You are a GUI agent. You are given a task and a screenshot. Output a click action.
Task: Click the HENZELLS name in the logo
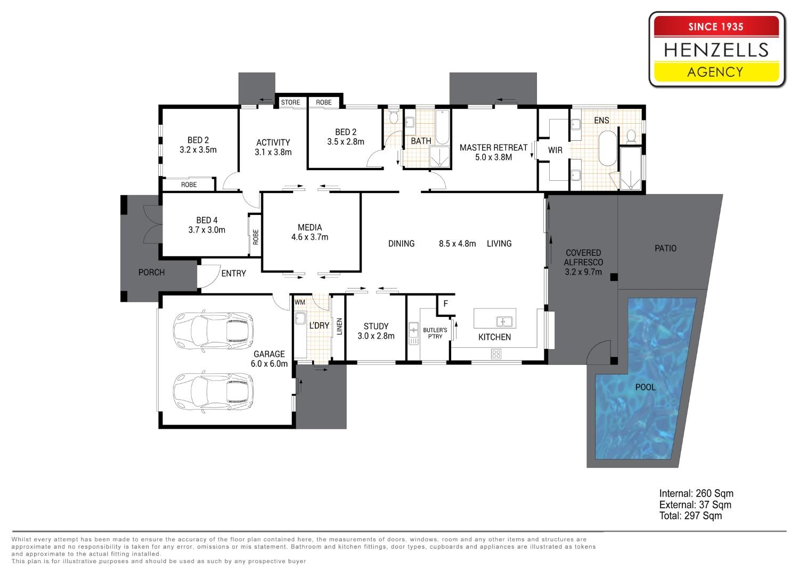[x=716, y=50]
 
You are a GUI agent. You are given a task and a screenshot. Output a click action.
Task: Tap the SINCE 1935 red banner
[x=716, y=26]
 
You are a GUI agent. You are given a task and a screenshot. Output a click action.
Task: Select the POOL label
[x=645, y=387]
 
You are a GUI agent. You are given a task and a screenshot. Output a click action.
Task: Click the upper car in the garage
[x=213, y=331]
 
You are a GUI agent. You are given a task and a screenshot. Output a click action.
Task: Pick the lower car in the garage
[x=213, y=392]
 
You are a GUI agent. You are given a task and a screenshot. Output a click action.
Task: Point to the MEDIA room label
[x=309, y=228]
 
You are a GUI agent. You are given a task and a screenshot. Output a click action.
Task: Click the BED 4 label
[x=207, y=221]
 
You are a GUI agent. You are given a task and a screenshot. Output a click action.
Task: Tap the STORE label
[x=290, y=102]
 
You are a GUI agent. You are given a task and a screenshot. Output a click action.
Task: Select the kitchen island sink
[x=504, y=322]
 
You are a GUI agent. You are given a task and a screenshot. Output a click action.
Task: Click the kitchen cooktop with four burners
[x=496, y=354]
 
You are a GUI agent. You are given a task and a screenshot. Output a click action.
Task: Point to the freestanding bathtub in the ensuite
[x=607, y=149]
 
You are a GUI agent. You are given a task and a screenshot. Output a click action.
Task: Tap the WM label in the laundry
[x=299, y=302]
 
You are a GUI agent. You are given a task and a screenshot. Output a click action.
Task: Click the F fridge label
[x=445, y=304]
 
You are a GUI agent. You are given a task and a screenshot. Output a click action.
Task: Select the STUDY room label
[x=376, y=326]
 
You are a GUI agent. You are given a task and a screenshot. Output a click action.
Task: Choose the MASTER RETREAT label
[x=493, y=148]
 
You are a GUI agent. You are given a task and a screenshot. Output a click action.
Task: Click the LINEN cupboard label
[x=339, y=326]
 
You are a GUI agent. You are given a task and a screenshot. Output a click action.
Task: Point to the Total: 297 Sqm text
[x=690, y=516]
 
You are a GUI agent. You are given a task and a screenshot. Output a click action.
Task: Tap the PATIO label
[x=666, y=249]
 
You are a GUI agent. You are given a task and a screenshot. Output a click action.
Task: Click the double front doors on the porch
[x=152, y=225]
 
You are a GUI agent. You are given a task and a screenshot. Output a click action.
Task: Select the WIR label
[x=555, y=150]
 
